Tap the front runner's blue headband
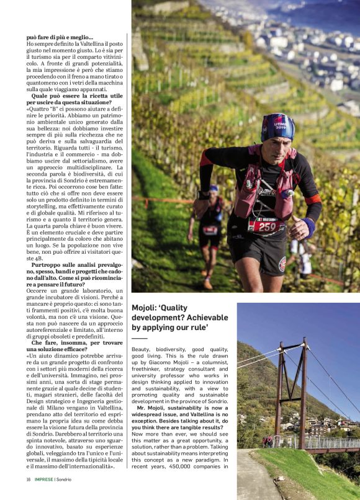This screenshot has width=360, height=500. (277, 125)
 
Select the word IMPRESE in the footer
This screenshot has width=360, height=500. (45, 479)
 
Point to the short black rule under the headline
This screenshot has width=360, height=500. (139, 339)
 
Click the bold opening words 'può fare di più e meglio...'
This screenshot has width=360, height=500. (60, 37)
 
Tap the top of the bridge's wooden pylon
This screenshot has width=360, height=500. (304, 342)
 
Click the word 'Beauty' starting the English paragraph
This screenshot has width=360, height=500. (141, 350)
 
